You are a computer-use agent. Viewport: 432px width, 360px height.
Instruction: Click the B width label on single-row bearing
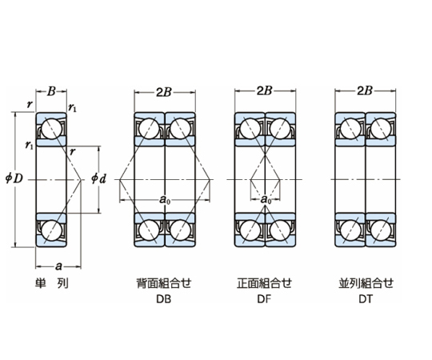[51, 91]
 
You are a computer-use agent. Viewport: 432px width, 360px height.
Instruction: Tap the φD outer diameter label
[14, 179]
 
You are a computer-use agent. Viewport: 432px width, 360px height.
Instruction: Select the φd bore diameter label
[98, 179]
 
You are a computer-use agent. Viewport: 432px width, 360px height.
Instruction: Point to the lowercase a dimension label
[58, 266]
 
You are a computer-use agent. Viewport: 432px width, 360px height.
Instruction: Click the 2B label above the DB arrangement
[164, 93]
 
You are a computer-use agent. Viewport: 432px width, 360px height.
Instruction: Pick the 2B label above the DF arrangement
[265, 91]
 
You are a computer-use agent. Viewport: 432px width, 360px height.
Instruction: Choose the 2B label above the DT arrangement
[365, 91]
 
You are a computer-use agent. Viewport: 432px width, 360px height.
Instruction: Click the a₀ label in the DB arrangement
[165, 199]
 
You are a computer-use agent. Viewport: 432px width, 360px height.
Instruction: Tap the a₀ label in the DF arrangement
[266, 199]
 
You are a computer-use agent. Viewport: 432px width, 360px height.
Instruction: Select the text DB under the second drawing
[164, 299]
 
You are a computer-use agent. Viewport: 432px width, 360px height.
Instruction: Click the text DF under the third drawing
[264, 299]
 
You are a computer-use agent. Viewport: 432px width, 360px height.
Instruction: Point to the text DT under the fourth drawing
[366, 299]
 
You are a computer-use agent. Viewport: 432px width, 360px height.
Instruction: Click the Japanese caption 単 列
[51, 283]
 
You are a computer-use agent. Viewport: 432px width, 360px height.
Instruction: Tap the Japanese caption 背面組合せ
[164, 283]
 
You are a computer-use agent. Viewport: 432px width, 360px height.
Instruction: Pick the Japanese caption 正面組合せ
[264, 283]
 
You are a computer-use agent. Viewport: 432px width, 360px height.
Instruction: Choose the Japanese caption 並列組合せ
[366, 283]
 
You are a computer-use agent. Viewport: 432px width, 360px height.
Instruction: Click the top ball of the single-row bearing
[51, 129]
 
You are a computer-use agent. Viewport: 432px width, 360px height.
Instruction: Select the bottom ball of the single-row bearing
[51, 230]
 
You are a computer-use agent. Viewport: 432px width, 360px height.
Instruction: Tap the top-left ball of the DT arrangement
[350, 129]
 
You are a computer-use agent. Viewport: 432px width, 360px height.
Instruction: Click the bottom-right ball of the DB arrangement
[181, 230]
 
